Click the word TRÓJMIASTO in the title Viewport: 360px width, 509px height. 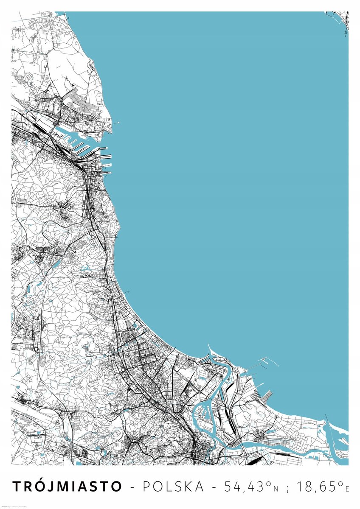pos(67,487)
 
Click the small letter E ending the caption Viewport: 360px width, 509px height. pos(347,489)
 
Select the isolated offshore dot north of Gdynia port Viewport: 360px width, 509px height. pos(118,123)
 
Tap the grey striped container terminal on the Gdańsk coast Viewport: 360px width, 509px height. pos(267,397)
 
